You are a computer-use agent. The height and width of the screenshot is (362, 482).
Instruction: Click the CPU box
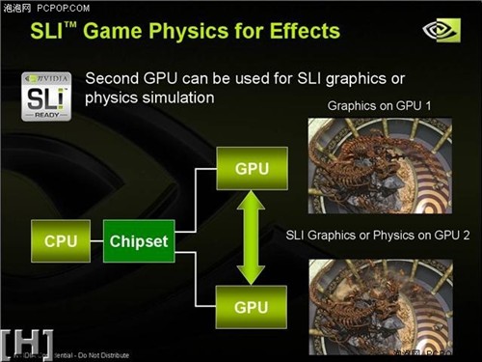(61, 240)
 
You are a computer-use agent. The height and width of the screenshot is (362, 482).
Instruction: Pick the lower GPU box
(252, 308)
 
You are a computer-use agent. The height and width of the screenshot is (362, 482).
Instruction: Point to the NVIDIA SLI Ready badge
(45, 95)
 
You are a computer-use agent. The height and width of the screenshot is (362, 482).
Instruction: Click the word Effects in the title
(298, 32)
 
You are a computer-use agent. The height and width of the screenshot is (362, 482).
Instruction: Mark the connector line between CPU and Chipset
(96, 240)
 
